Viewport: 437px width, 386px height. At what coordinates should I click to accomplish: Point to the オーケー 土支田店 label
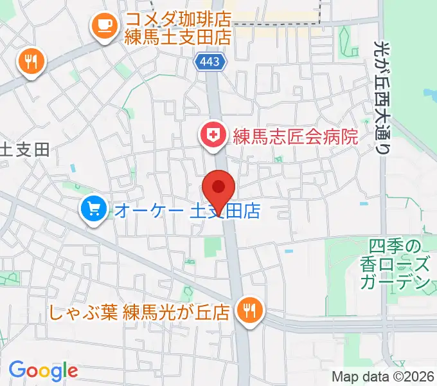click(x=186, y=210)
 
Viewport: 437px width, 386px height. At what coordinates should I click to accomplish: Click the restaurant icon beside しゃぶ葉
click(x=248, y=310)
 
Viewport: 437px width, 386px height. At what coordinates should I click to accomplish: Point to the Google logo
click(x=43, y=371)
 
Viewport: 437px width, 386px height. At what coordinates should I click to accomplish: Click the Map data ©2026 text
click(x=382, y=377)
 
